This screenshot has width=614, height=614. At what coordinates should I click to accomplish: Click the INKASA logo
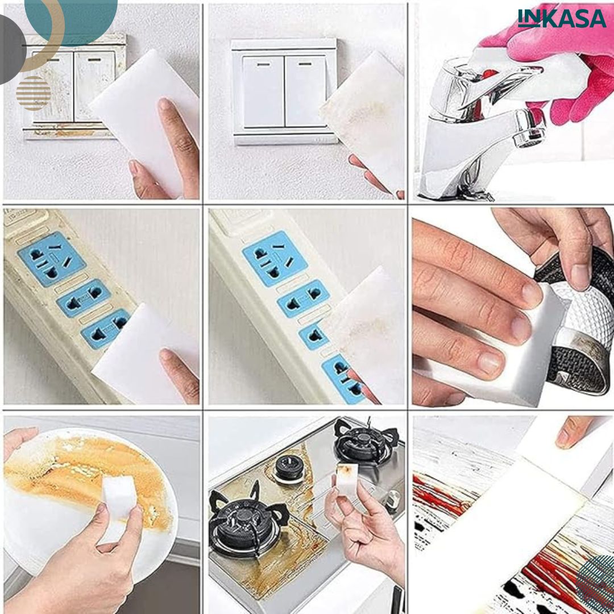(562, 18)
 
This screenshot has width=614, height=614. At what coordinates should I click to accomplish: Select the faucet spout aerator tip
(529, 129)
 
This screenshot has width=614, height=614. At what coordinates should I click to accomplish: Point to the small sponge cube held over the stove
(347, 480)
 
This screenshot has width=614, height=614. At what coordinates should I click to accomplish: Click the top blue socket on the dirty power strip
(52, 259)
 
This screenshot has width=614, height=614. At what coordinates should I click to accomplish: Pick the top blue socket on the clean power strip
(275, 259)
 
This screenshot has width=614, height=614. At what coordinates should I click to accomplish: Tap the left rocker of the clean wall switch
(264, 91)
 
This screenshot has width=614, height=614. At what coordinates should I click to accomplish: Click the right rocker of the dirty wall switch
(94, 86)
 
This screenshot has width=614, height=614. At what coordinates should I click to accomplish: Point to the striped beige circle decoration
(34, 93)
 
